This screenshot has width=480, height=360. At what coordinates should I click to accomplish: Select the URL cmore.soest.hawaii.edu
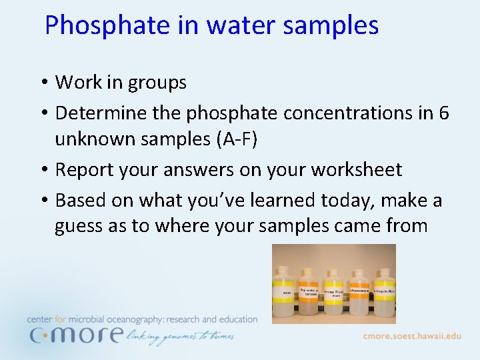(411, 336)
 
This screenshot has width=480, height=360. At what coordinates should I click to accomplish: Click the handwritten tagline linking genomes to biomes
(179, 337)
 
